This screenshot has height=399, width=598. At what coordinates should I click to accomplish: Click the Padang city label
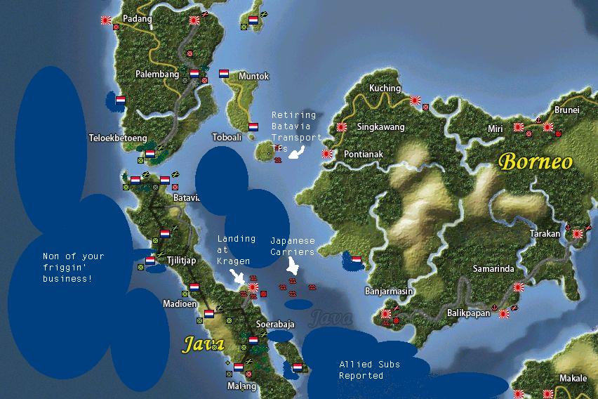[x=137, y=19]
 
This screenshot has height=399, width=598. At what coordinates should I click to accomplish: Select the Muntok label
[x=253, y=77]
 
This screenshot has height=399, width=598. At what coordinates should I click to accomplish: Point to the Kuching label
[x=385, y=89]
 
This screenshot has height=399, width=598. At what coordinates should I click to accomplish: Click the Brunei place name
[x=566, y=110]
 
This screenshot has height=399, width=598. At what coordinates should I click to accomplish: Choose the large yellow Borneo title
[x=536, y=162]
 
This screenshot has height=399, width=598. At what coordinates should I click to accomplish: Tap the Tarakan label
[x=545, y=234]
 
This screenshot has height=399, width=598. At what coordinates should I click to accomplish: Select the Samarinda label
[x=493, y=269]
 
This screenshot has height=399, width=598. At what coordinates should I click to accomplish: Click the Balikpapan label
[x=468, y=313]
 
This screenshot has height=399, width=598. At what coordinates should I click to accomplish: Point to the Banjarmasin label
[x=389, y=291]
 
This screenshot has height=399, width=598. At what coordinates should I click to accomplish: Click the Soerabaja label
[x=274, y=325]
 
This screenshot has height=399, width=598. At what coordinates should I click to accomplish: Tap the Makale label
[x=573, y=379]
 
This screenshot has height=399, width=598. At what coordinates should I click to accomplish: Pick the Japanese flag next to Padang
[x=106, y=21]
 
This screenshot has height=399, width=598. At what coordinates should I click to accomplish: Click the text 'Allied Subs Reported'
[x=361, y=370]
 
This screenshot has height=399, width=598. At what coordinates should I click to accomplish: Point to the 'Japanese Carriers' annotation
[x=293, y=246]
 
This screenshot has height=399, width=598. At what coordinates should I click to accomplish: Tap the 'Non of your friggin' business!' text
[x=73, y=268]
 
